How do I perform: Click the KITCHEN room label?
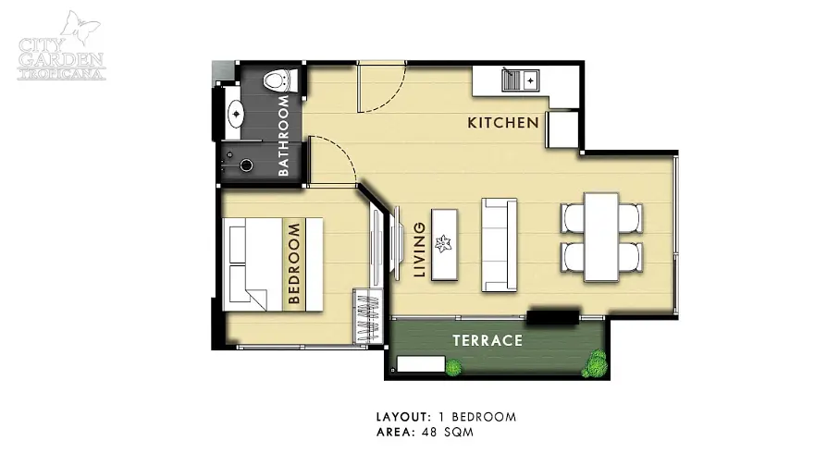(x=503, y=123)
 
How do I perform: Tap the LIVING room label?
(x=419, y=250)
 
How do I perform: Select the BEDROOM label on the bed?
(x=294, y=263)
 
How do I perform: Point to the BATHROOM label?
(x=283, y=136)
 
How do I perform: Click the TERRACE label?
(x=488, y=340)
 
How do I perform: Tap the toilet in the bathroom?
(x=278, y=80)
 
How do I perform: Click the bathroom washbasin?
(x=235, y=114)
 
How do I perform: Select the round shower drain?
(x=246, y=165)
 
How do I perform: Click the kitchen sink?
(x=520, y=80)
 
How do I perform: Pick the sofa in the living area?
(x=499, y=245)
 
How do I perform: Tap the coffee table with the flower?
(x=444, y=245)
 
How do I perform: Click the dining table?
(x=601, y=238)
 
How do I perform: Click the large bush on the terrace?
(x=596, y=363)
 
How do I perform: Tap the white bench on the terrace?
(x=420, y=364)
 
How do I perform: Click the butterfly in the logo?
(x=80, y=28)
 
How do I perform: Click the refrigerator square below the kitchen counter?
(x=562, y=129)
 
